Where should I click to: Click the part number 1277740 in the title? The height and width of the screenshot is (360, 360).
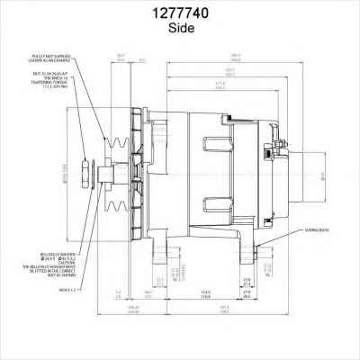click(x=180, y=13)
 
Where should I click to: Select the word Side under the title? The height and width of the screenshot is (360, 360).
click(x=180, y=28)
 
